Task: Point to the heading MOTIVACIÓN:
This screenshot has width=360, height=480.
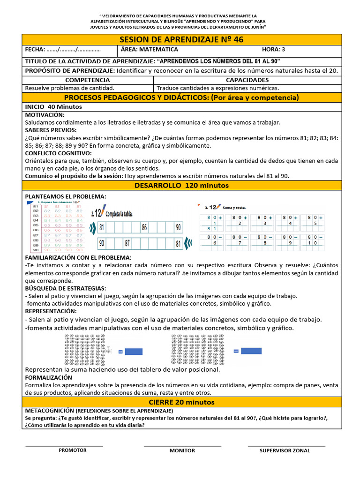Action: point(45,115)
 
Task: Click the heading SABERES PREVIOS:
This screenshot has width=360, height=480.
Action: point(51,130)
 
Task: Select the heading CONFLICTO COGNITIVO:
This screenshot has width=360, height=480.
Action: point(58,153)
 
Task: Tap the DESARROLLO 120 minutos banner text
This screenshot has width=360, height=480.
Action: point(181,186)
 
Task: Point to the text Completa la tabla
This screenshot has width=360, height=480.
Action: point(120,214)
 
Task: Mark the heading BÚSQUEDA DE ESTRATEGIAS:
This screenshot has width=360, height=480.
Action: point(65,288)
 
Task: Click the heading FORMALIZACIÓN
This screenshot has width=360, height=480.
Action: point(48,377)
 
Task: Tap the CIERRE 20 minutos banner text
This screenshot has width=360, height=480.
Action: point(181,402)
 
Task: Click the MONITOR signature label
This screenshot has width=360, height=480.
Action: point(182,450)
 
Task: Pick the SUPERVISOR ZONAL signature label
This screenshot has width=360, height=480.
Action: point(285,450)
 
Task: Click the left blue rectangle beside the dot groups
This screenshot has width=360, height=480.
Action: point(135,351)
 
